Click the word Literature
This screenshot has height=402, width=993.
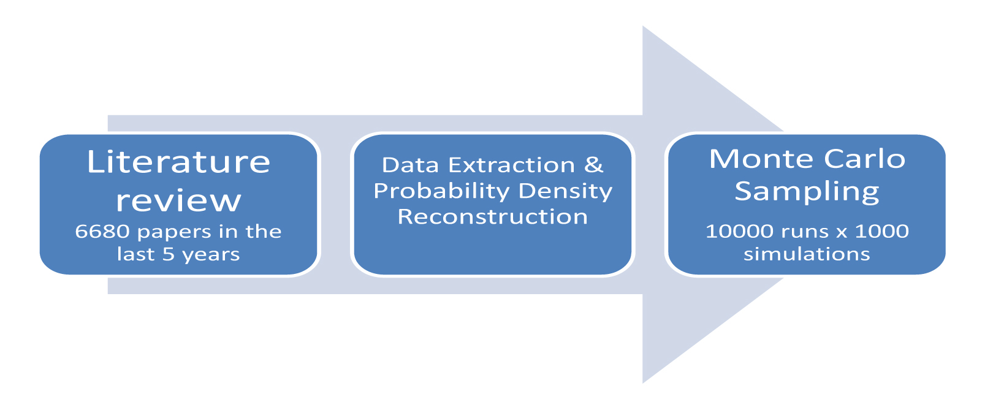coord(178,162)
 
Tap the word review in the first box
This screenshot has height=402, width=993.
coord(178,201)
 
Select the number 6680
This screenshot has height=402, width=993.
coord(102,232)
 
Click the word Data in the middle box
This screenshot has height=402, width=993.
coord(411,165)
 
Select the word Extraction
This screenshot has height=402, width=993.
coord(512,165)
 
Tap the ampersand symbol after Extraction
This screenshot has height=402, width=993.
coord(593,165)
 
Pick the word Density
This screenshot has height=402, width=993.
coord(565,191)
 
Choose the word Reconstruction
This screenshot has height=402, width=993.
coord(492,217)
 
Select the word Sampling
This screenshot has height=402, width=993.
coord(807,192)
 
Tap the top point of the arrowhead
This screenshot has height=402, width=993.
coord(643,26)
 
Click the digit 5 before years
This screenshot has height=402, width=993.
coord(169,254)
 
